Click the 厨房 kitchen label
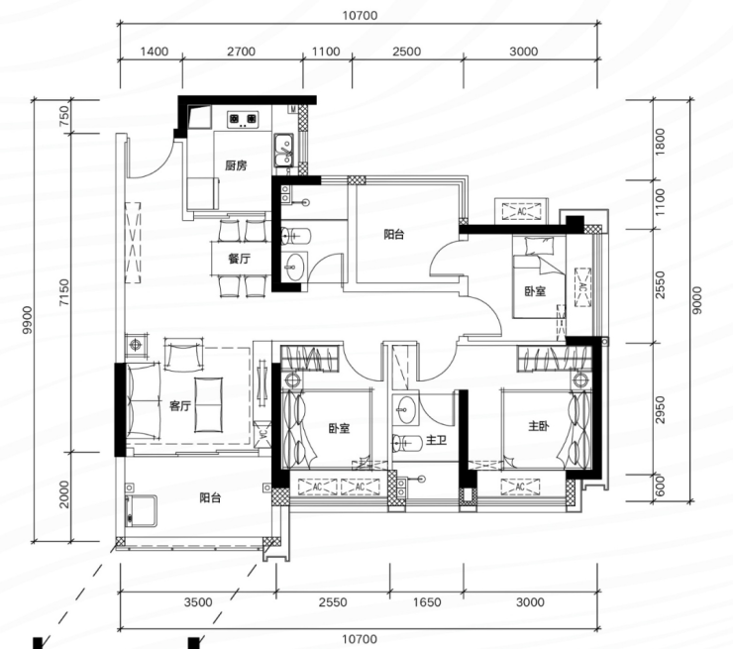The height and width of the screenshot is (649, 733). [x=236, y=165]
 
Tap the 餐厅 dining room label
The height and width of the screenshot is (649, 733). [x=240, y=259]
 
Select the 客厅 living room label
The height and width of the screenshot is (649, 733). [x=180, y=406]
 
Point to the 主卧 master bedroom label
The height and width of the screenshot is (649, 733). [x=539, y=426]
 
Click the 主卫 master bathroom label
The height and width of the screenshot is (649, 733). [x=436, y=441]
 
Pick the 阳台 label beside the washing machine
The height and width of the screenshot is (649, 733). [x=210, y=498]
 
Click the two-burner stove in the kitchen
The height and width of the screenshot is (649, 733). [x=243, y=120]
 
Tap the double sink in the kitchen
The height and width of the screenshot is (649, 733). [x=283, y=151]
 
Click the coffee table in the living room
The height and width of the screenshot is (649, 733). [x=208, y=405]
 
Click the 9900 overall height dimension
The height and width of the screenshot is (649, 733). [x=28, y=320]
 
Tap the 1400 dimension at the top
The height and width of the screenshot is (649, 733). [x=155, y=52]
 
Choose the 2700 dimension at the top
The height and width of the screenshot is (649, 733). [x=242, y=52]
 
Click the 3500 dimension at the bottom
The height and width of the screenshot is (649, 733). [x=198, y=602]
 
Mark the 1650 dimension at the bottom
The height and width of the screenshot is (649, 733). [x=427, y=602]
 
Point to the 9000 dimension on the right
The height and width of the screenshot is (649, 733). [x=697, y=300]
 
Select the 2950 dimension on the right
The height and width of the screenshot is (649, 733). [x=660, y=409]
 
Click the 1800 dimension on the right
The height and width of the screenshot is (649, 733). [x=660, y=142]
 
